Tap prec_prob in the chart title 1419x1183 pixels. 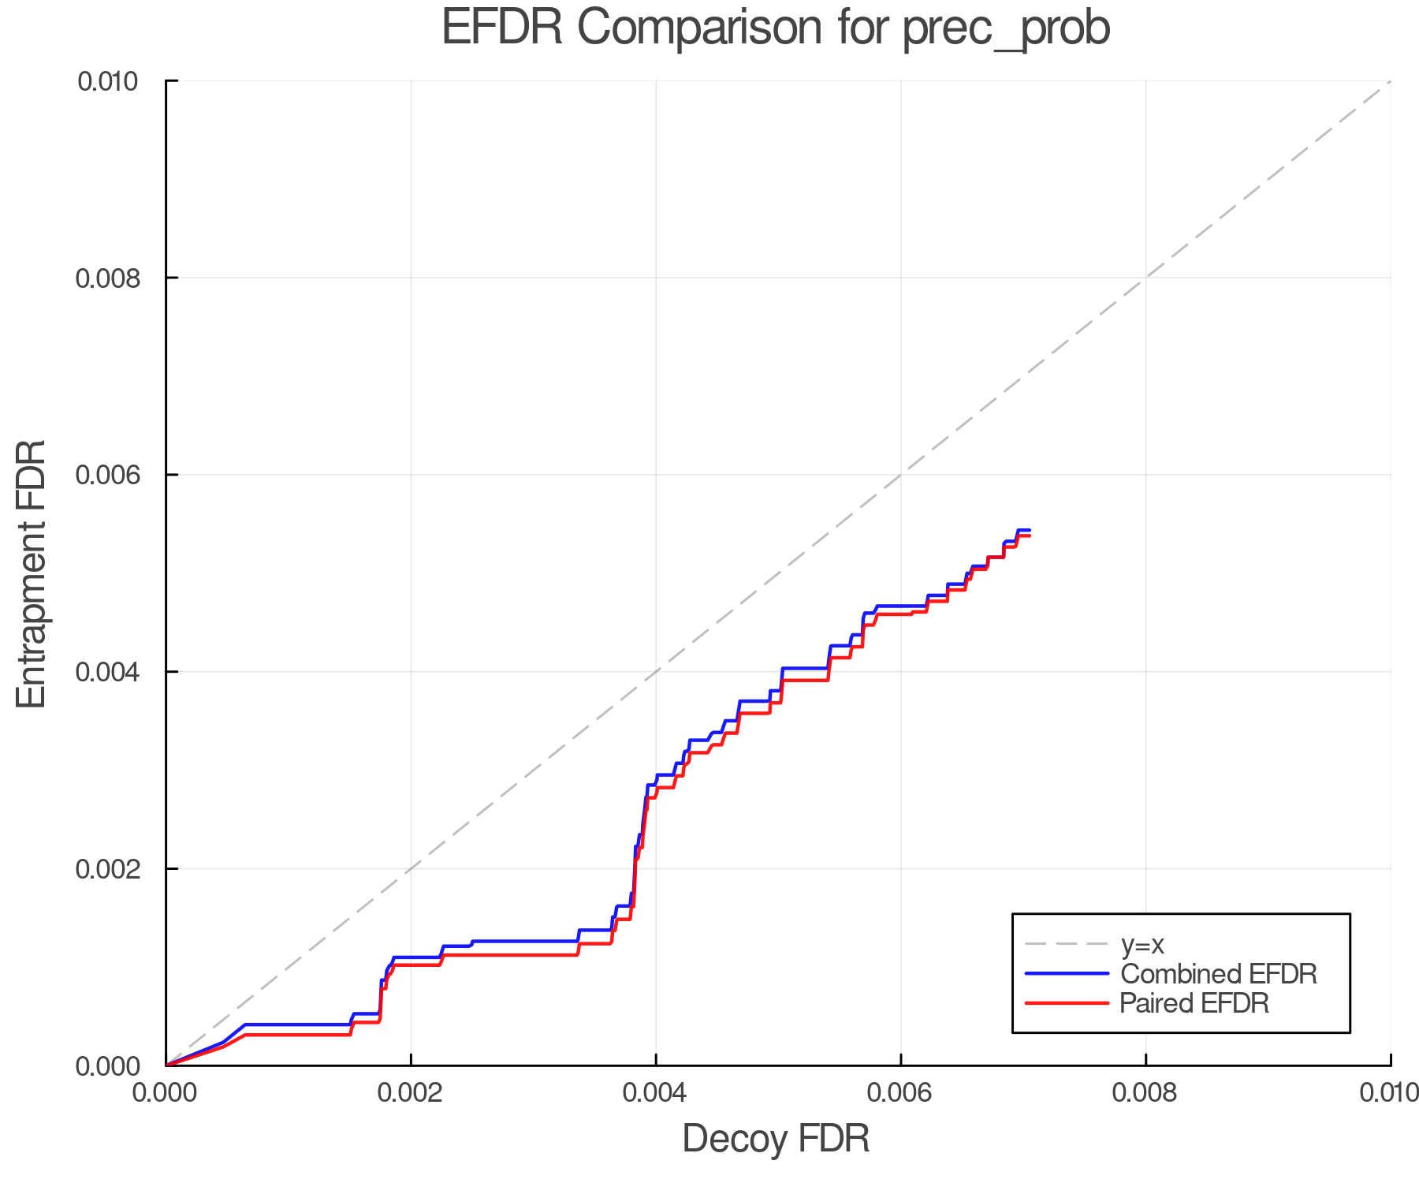tap(1006, 29)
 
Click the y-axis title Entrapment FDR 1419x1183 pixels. tap(32, 573)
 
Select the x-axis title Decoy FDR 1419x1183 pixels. tap(776, 1139)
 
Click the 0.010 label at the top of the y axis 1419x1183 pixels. tap(108, 81)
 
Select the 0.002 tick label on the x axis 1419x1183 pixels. tap(411, 1093)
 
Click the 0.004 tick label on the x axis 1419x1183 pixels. tap(656, 1093)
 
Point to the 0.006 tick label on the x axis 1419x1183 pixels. tap(900, 1093)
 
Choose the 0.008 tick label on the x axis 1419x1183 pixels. tap(1145, 1093)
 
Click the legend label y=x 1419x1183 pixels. tap(1142, 945)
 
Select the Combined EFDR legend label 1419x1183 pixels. tap(1219, 974)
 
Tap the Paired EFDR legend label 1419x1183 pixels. tap(1194, 1003)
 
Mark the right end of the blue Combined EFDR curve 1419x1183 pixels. tap(1030, 530)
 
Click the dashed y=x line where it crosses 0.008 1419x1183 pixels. tap(1145, 278)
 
